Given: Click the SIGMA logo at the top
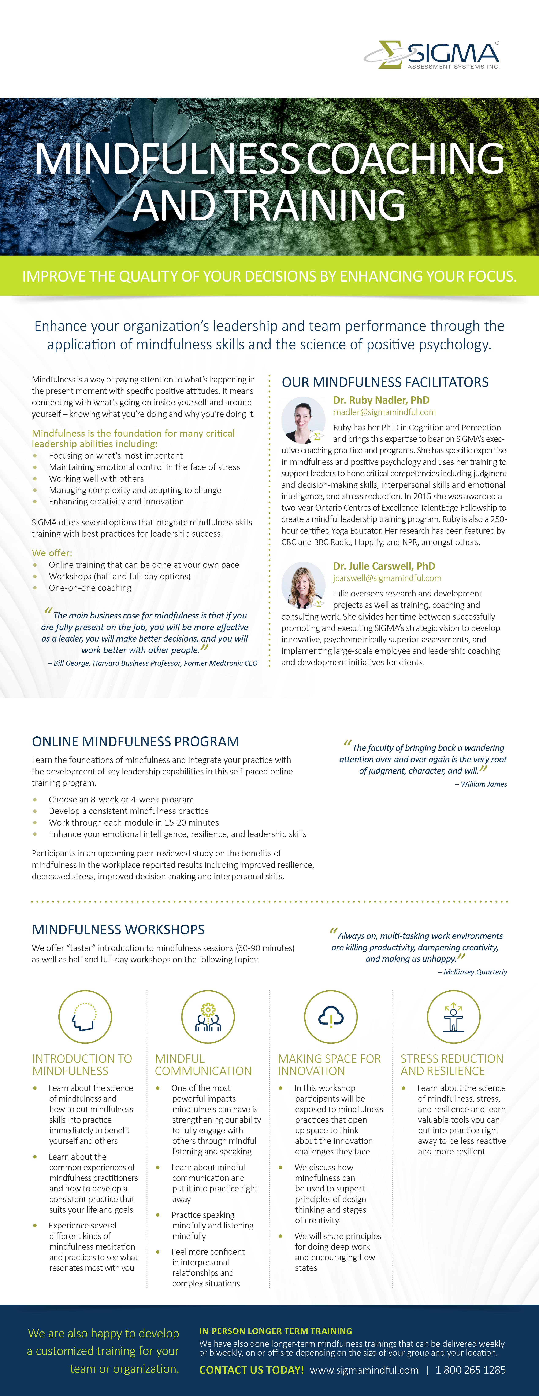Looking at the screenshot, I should [x=432, y=55].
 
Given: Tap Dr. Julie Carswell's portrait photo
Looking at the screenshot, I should [x=303, y=585].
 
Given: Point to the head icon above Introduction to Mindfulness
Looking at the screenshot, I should [x=85, y=1017].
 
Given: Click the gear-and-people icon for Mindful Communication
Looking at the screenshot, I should [x=208, y=1017].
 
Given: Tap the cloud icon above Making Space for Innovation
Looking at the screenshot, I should [x=331, y=1017].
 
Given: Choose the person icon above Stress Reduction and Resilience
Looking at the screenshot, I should [x=453, y=1017].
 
